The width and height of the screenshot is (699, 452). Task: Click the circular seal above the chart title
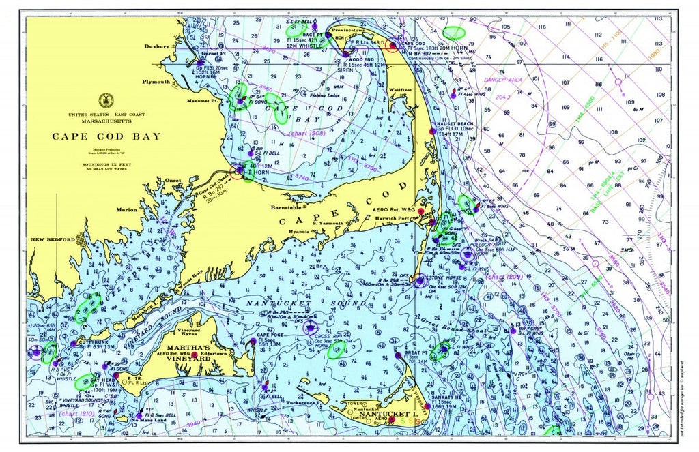coord(106,100)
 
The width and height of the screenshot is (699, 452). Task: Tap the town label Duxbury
coord(156,46)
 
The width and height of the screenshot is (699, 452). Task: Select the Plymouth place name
coord(156,82)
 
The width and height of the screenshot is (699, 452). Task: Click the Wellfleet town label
coord(400,90)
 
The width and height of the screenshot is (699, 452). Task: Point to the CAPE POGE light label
coord(272,335)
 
